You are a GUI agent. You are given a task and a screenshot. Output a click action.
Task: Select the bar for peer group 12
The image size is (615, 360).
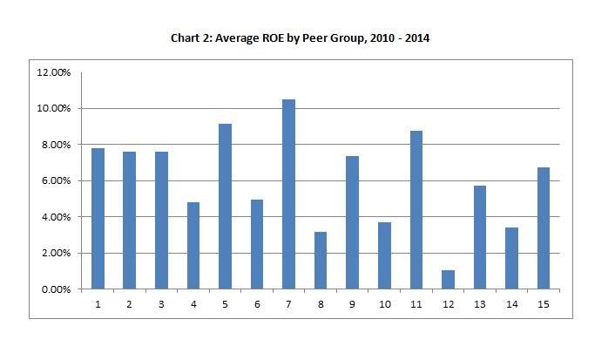click(x=449, y=279)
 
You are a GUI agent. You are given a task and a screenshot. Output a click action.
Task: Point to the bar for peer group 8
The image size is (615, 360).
click(x=321, y=260)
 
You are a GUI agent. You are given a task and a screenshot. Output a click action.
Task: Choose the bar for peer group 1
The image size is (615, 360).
click(x=98, y=218)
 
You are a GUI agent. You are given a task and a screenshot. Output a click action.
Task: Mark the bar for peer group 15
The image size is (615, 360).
click(x=544, y=228)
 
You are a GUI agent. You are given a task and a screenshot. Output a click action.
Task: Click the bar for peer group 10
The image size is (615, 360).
click(x=384, y=255)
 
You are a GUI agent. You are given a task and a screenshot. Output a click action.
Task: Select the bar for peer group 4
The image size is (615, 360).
click(x=193, y=245)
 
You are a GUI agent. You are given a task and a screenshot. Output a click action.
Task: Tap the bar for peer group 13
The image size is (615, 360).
click(x=480, y=236)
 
